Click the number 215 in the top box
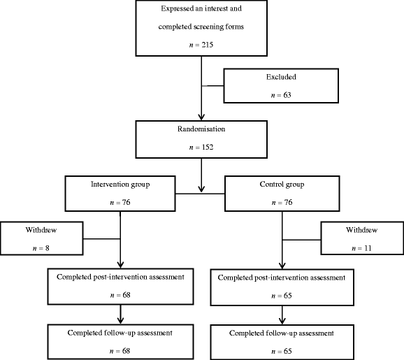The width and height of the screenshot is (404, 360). click(x=208, y=45)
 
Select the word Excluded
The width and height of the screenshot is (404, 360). click(x=281, y=77)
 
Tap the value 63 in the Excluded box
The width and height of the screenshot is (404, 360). click(x=287, y=95)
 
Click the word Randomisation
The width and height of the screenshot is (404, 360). click(x=201, y=129)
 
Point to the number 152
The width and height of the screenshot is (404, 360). click(x=208, y=147)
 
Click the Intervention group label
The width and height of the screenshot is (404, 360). click(x=120, y=185)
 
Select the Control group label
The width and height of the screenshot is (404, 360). click(x=282, y=185)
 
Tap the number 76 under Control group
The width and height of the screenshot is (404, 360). click(x=288, y=202)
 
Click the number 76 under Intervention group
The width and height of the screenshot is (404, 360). click(x=126, y=202)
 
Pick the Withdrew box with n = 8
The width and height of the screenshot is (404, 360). click(x=41, y=238)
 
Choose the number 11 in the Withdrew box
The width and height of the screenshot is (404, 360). click(x=368, y=248)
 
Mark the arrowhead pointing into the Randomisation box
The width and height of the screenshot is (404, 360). click(x=201, y=117)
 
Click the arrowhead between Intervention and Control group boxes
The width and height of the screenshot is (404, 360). click(x=201, y=189)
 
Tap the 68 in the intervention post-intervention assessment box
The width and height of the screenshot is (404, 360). click(x=127, y=295)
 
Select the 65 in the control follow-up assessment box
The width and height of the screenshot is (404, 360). click(x=287, y=351)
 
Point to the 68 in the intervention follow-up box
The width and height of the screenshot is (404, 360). click(x=126, y=351)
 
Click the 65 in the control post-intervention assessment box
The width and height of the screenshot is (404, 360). click(x=287, y=296)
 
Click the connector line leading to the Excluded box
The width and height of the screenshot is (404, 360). click(x=212, y=86)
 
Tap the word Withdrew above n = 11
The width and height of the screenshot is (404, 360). click(x=362, y=230)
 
